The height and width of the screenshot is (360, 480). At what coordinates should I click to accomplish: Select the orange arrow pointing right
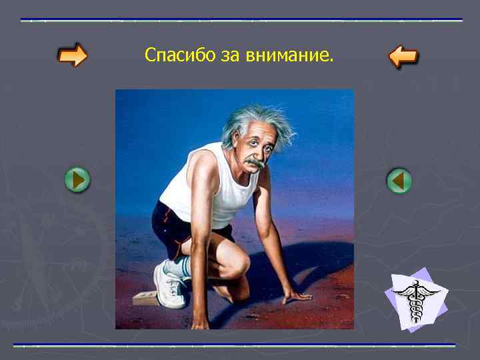pos(72,55)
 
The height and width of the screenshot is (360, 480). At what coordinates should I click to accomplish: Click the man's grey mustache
pos(255,162)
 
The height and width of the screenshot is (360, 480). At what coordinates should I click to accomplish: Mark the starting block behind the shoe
pos(145,298)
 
